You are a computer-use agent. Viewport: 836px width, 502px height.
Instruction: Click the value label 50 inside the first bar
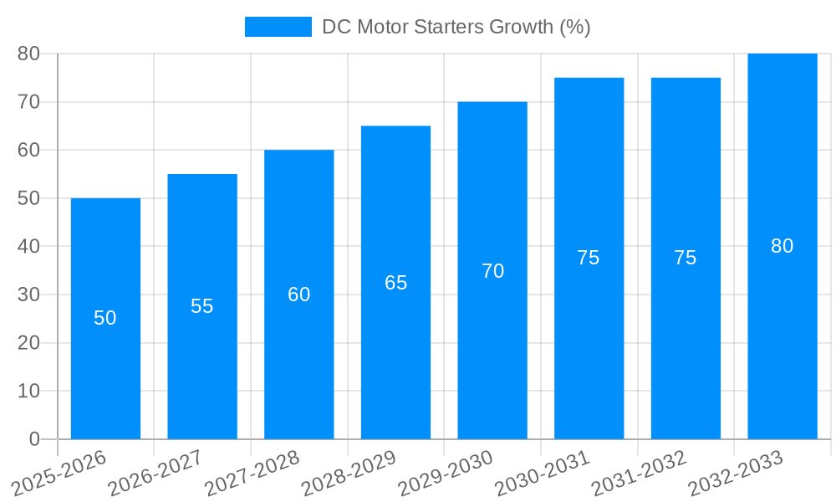click(105, 318)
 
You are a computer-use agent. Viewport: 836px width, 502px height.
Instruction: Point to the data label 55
click(202, 306)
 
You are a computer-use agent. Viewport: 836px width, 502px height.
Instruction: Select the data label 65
click(395, 283)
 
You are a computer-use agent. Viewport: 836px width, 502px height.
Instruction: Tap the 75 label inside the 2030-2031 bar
click(589, 258)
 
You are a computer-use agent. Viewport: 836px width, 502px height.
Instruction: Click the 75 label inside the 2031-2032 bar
click(686, 258)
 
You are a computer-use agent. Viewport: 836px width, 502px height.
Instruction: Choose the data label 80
click(782, 246)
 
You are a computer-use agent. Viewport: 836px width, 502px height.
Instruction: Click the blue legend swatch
click(278, 27)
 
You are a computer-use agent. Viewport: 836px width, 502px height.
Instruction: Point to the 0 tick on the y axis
click(34, 439)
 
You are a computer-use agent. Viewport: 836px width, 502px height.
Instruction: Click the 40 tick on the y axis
click(28, 247)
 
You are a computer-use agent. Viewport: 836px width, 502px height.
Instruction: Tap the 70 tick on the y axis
click(28, 102)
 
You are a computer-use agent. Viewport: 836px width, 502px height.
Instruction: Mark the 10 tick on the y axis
click(28, 391)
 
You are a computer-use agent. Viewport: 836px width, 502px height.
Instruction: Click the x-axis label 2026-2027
click(150, 473)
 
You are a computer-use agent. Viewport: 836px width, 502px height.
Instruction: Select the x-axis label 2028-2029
click(344, 473)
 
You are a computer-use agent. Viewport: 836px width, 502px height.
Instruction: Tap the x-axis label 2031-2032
click(634, 473)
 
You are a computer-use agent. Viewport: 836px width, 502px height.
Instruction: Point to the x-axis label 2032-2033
click(731, 473)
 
